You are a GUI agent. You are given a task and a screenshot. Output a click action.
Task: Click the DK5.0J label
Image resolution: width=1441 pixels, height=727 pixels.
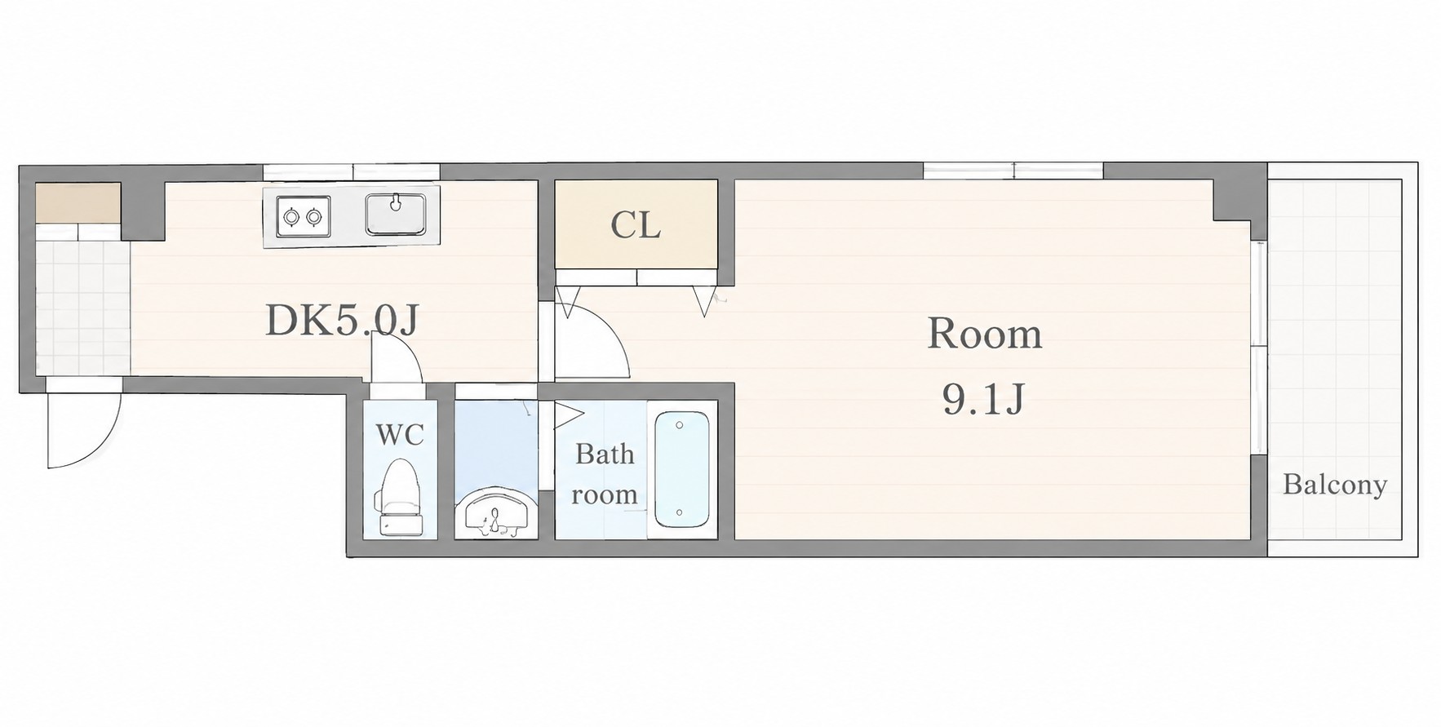tap(342, 321)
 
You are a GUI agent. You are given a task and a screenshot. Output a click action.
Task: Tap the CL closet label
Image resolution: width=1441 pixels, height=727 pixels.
tap(636, 226)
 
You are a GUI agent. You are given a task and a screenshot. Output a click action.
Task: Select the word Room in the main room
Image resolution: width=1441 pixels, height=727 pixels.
tap(985, 335)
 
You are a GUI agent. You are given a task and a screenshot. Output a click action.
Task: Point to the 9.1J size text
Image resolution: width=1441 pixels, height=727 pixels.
tap(983, 400)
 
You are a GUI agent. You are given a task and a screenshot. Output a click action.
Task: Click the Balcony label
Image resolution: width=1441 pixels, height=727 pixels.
tap(1335, 485)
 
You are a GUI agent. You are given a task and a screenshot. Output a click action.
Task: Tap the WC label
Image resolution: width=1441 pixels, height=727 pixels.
tap(400, 435)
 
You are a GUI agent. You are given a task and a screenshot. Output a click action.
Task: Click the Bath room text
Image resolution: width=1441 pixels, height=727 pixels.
tap(605, 474)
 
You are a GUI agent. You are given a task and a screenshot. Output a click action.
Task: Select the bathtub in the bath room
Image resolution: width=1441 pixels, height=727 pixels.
tap(681, 471)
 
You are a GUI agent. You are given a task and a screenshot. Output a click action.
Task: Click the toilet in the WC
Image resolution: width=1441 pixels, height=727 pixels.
tap(399, 498)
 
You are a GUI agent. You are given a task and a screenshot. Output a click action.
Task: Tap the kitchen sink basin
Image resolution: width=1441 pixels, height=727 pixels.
tap(396, 214)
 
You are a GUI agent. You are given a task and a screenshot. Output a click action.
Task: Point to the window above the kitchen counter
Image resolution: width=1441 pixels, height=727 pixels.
tap(352, 171)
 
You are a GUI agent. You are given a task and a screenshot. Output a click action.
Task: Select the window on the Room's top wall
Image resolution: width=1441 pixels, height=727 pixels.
tap(1013, 171)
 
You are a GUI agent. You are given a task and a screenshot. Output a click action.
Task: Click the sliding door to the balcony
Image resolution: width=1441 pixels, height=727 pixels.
tap(1259, 347)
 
